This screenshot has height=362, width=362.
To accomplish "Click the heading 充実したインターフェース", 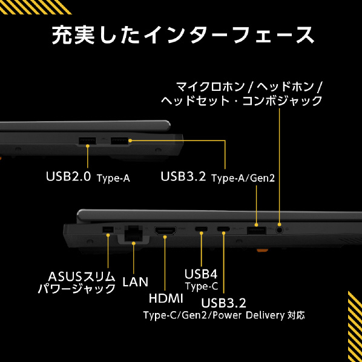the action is (x=183, y=35).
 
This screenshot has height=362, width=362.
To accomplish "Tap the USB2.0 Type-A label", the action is (x=88, y=177).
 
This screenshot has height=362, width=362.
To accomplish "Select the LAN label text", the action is (x=135, y=282).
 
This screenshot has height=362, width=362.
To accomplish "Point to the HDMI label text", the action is (x=166, y=298).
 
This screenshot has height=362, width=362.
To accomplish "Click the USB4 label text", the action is (x=201, y=274).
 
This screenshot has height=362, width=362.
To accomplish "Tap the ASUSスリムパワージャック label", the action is (x=77, y=283).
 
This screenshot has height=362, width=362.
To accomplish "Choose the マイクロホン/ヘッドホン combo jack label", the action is (x=242, y=94).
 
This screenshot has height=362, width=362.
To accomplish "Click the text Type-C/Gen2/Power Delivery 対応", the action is (x=224, y=315).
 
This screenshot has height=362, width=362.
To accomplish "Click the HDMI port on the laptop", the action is (x=165, y=231).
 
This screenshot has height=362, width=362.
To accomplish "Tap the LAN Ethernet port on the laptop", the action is (x=133, y=233).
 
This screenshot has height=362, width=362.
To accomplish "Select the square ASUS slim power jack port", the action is (x=108, y=229).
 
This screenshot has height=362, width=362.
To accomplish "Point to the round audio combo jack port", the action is (x=279, y=230).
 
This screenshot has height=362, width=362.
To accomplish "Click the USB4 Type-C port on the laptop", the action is (x=201, y=229).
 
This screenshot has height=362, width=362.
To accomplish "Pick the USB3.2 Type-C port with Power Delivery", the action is (x=223, y=229).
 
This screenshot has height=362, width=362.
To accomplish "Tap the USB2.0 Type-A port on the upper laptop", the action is (x=87, y=141).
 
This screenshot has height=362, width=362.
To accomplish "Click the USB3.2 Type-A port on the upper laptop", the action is (x=119, y=140).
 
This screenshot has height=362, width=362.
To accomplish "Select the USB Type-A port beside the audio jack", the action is (x=256, y=231).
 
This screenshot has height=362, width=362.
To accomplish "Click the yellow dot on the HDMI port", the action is (x=165, y=237).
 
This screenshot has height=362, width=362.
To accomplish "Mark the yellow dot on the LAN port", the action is (x=134, y=243).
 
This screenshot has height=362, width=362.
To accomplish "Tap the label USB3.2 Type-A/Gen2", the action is (x=218, y=177).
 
